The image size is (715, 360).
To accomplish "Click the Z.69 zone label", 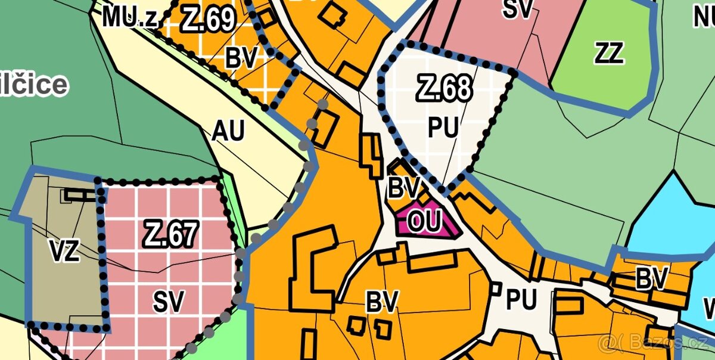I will pyautogui.click(x=207, y=20).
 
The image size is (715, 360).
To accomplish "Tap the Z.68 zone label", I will pyautogui.click(x=444, y=89).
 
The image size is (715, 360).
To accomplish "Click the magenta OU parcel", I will pyautogui.click(x=425, y=222).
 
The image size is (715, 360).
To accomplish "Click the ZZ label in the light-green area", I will pyautogui.click(x=608, y=54).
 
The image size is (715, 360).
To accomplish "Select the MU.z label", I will pyautogui.click(x=130, y=18).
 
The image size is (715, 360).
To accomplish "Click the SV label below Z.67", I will pyautogui.click(x=169, y=302).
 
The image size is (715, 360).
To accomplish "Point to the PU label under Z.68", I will pyautogui.click(x=443, y=128).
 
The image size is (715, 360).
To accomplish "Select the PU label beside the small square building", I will pyautogui.click(x=521, y=300).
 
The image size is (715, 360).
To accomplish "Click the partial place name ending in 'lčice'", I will pyautogui.click(x=33, y=85).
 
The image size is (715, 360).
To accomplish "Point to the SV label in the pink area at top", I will pyautogui.click(x=517, y=9).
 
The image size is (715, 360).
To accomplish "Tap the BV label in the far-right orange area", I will pyautogui.click(x=652, y=278).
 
